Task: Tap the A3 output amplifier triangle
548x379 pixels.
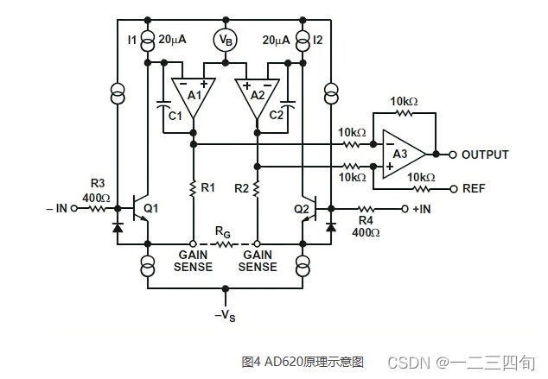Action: pos(402,155)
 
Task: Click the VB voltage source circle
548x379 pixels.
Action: pos(225,40)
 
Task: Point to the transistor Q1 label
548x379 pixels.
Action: pos(152,208)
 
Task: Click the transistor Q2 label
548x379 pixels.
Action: pos(301,208)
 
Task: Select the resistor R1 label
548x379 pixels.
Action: pos(208,186)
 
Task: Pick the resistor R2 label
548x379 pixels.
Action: pos(241,186)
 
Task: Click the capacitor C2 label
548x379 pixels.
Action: pos(277,115)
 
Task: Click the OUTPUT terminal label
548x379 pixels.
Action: pos(485,155)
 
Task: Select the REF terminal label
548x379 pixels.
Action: pos(473,188)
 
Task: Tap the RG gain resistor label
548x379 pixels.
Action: pos(224,232)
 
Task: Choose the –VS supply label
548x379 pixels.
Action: pos(225,316)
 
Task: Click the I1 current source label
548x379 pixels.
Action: pos(132,40)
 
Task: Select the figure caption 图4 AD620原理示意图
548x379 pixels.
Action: pos(303,361)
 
